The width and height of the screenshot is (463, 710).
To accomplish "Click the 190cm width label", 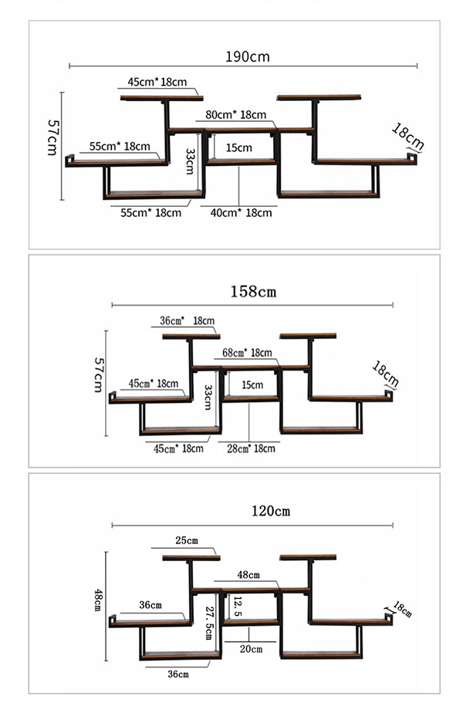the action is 248,56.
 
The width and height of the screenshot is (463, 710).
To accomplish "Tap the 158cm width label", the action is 253,291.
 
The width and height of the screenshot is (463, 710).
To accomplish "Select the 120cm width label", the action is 271,511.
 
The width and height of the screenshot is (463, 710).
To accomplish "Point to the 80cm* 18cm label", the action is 236,114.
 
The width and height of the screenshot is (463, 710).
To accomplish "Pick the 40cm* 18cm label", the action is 242,213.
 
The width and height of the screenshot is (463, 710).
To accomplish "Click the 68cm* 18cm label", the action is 247,352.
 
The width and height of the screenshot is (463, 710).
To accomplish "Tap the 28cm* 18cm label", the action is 251,448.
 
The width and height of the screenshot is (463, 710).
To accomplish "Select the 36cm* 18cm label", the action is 187,320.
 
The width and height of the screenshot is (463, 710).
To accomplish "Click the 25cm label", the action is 187,540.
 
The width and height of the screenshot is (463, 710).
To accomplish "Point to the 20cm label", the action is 252,649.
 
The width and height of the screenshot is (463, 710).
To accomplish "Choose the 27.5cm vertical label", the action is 209,623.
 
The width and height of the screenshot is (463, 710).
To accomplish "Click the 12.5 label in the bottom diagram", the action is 238,607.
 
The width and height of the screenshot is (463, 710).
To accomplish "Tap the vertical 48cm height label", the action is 97,600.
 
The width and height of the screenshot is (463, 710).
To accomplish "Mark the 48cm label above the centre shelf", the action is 248,575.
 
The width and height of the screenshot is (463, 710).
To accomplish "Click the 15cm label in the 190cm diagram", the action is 239,147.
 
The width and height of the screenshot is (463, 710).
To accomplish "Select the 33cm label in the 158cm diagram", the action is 208,397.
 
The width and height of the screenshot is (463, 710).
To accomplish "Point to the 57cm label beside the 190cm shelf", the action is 52,137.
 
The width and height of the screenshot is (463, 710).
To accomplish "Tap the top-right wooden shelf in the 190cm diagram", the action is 319,97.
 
